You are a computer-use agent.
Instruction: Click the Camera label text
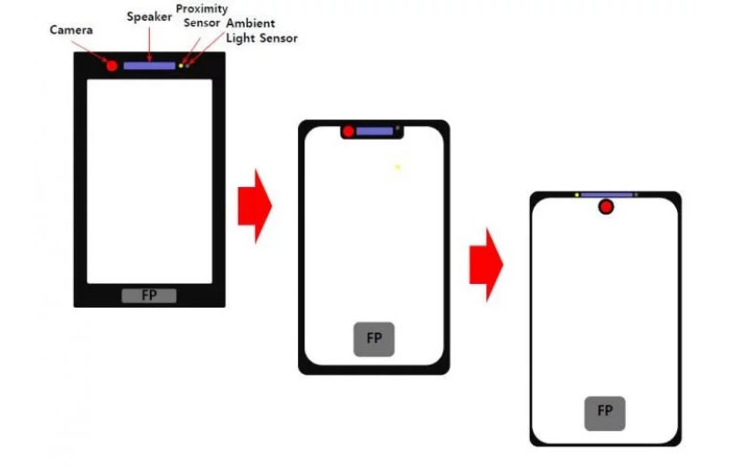[71, 30]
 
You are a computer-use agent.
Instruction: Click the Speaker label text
[149, 17]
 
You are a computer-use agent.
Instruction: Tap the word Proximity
[202, 9]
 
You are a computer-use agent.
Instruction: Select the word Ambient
[250, 23]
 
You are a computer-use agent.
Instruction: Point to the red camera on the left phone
[111, 66]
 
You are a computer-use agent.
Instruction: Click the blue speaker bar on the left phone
[149, 66]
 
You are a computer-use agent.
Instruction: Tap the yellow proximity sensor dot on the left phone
[181, 66]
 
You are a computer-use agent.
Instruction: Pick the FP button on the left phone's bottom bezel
[149, 296]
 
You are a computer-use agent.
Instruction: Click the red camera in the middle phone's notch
[348, 131]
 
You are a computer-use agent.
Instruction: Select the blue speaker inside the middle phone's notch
[375, 131]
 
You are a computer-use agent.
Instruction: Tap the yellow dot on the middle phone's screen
[397, 167]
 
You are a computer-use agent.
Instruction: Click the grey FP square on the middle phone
[374, 340]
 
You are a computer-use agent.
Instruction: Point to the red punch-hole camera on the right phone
[606, 207]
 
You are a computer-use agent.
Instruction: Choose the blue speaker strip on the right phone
[607, 194]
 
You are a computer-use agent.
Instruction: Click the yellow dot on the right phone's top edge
[577, 194]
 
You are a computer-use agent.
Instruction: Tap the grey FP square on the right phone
[605, 413]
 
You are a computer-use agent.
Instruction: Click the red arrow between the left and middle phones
[255, 206]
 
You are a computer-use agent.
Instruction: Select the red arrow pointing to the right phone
[486, 265]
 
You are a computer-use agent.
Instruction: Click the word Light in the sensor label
[240, 38]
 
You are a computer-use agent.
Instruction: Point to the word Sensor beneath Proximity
[201, 23]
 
